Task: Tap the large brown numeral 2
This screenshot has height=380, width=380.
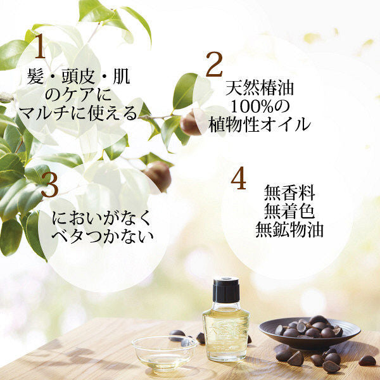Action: [214, 65]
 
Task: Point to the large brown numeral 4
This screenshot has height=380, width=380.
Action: [237, 179]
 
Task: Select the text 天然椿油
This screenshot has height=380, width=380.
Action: [260, 87]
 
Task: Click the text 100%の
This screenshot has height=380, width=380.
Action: [260, 105]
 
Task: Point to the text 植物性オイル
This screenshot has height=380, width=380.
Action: [260, 123]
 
